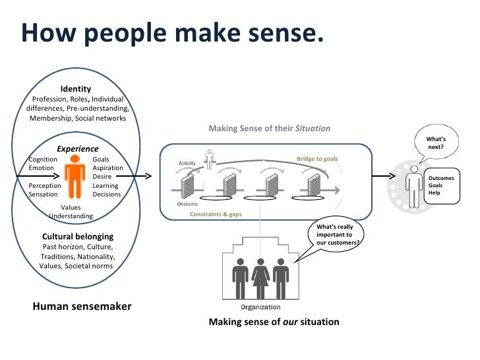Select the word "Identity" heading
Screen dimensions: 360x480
click(x=76, y=89)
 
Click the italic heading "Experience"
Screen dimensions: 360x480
click(x=77, y=149)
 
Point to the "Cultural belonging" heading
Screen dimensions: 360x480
click(x=78, y=236)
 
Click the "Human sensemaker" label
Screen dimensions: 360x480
click(x=82, y=306)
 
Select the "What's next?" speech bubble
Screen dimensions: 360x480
click(x=436, y=143)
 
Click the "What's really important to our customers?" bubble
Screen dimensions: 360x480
click(x=338, y=235)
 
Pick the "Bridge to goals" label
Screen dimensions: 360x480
click(x=317, y=159)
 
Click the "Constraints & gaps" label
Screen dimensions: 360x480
click(x=216, y=214)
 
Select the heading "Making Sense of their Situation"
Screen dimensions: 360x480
click(x=269, y=129)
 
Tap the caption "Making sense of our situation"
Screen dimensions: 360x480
click(x=274, y=322)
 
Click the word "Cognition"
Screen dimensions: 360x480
click(x=43, y=160)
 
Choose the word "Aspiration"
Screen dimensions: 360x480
click(x=107, y=168)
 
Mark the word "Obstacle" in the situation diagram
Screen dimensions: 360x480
click(x=187, y=204)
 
